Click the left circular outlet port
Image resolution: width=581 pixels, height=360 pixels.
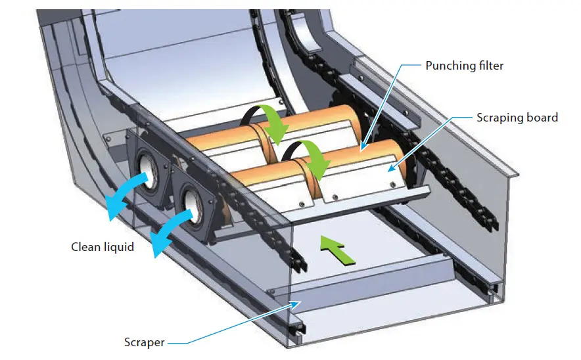148,173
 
